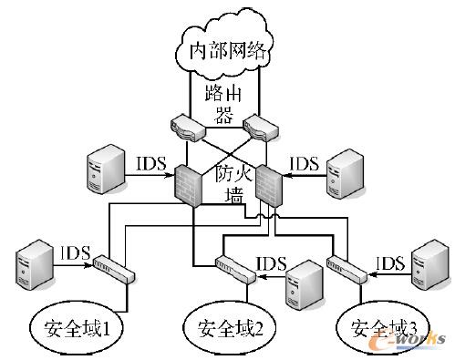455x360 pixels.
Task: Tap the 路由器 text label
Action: [225, 105]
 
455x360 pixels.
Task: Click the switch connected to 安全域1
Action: [113, 269]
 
